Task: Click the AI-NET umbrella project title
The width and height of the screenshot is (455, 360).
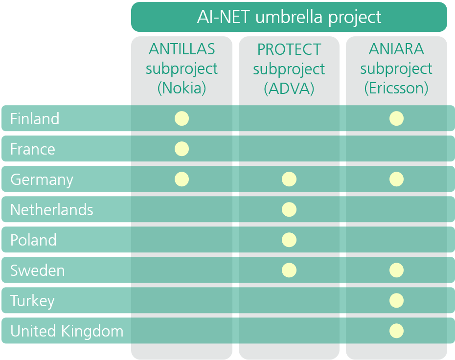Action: coord(289,17)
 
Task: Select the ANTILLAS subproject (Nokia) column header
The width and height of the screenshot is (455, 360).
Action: coord(182,68)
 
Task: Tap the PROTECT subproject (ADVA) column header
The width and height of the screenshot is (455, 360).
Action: coord(289,69)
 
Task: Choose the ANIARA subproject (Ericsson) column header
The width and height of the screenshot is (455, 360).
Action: coord(396,68)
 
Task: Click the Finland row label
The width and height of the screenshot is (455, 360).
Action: coord(35,119)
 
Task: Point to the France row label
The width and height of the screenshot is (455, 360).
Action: coord(33,149)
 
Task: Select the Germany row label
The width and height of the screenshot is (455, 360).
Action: coord(42,180)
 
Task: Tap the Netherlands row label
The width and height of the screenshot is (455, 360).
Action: coord(52,209)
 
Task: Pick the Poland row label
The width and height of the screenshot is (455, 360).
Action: coord(33,240)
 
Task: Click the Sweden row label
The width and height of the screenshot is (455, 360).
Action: coord(38,270)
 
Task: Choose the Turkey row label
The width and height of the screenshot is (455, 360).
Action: coord(32,301)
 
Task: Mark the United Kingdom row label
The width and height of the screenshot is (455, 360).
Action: coord(67,332)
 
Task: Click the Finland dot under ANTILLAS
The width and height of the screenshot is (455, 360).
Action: coord(182,118)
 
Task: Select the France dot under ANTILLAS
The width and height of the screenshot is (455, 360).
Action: coord(182,149)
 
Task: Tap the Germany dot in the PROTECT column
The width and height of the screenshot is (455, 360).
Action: coord(289,179)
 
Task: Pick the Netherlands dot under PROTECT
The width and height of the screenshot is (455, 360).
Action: coord(289,209)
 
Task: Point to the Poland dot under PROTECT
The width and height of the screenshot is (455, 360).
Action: coord(289,240)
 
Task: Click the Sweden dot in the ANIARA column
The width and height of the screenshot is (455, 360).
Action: coord(396,270)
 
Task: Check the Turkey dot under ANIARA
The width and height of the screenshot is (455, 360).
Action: coord(396,300)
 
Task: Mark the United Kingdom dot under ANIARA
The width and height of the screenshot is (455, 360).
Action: coord(396,331)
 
